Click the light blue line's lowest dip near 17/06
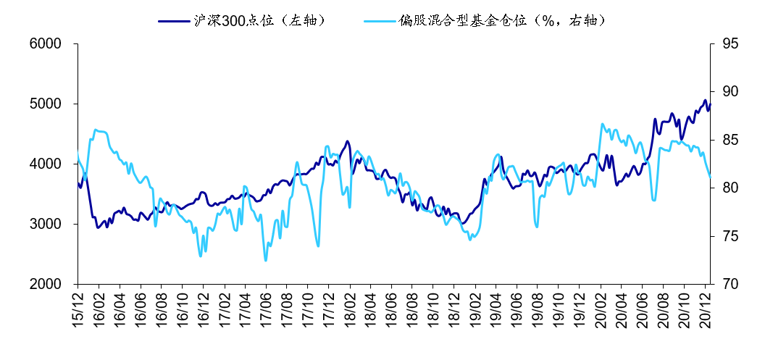(266, 260)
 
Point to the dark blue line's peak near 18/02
(347, 141)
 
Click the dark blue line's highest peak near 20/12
(705, 101)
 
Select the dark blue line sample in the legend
(174, 20)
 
